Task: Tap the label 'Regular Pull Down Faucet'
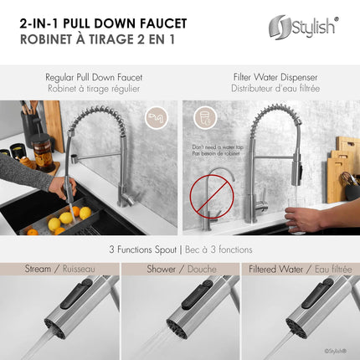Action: [92, 77]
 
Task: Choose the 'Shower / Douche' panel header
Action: [180, 269]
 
